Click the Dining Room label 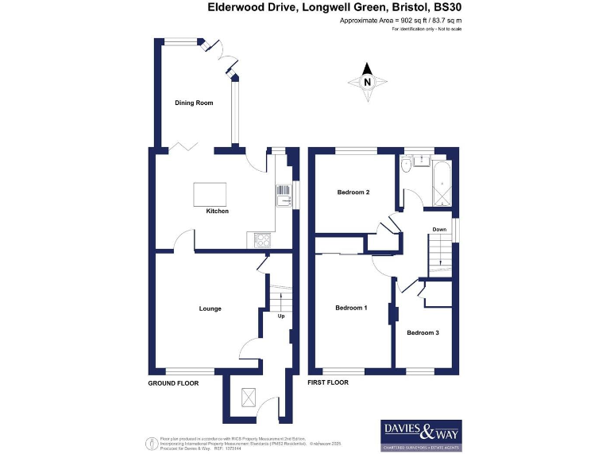[194, 103]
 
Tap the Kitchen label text [218, 211]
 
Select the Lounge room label [210, 309]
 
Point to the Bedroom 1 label [350, 308]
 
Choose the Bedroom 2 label [353, 192]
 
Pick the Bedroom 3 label [423, 332]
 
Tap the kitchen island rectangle [210, 194]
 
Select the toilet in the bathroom [406, 165]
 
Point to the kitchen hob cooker [261, 238]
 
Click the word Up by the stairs [280, 316]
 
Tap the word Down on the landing [439, 230]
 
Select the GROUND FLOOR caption [173, 383]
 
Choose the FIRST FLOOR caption [328, 383]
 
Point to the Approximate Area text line [400, 20]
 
